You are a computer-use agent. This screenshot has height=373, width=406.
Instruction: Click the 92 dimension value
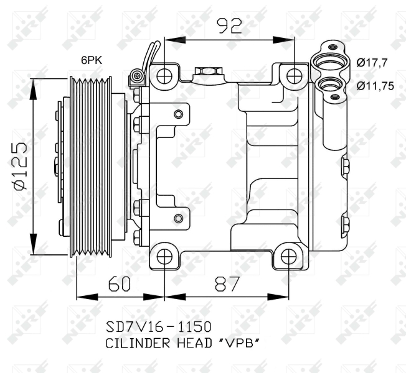pos(230,26)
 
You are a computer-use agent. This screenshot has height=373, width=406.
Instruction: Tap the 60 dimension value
pos(119,284)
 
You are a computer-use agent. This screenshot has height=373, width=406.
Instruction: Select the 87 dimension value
pos(227,284)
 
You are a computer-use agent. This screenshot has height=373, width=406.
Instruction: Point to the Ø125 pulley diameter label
pos(20,166)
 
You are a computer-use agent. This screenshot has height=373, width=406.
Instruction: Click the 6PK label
pos(92,60)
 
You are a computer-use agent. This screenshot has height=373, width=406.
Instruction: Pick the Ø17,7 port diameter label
pos(372,63)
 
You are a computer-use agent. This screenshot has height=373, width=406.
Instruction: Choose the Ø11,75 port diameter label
pos(375,86)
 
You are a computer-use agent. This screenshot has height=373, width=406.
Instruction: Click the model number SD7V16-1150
pos(158,327)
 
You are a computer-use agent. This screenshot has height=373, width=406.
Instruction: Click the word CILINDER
pos(138,343)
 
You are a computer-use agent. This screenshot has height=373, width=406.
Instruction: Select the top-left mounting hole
pos(164,76)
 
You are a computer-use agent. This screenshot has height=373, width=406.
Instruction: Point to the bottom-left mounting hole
pos(164,257)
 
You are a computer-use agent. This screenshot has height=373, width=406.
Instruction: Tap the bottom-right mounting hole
pos(288,257)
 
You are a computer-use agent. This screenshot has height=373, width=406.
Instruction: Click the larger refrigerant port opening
pos(329,63)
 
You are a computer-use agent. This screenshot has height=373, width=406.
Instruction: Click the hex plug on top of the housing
pos(208,71)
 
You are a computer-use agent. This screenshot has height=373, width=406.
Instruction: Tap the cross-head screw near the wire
pos(138,76)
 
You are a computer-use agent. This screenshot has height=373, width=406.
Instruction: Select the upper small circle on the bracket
pos(178,114)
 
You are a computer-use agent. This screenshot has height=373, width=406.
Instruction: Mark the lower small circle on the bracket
pos(178,218)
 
